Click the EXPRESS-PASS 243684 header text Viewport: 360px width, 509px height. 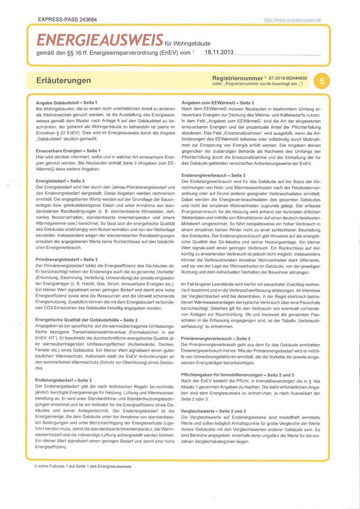pos(67,20)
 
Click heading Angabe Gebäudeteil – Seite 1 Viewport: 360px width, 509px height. pos(66,101)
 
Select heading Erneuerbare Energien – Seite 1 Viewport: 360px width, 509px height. pos(68,151)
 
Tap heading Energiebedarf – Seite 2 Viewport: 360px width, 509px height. pos(59,181)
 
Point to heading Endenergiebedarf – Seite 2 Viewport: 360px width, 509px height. pos(63,380)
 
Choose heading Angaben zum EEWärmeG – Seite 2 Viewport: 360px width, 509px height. pos(218,101)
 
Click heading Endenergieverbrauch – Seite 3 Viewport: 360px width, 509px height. pos(214,174)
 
